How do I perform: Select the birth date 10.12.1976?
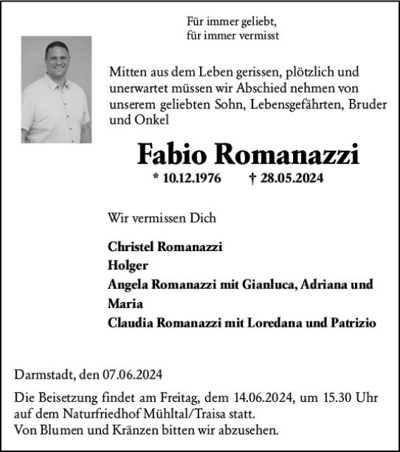[x=191, y=178]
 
